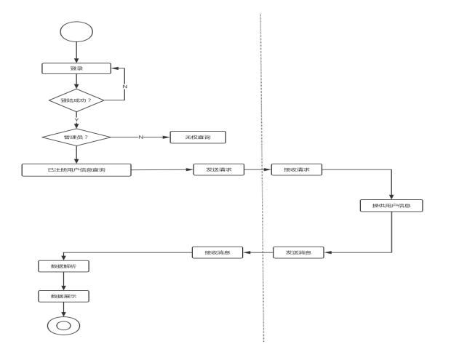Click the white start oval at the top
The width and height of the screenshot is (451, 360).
(76, 31)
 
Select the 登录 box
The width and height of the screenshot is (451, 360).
(76, 68)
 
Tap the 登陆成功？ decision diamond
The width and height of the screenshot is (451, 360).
(76, 100)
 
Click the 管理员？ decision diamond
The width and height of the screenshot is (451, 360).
(76, 137)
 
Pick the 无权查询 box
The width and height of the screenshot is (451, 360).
(198, 137)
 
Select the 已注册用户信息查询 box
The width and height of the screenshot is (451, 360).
(76, 169)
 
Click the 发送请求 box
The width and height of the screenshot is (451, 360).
(219, 169)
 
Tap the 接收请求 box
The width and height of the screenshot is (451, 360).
(297, 169)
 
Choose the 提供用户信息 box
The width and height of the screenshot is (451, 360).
(391, 205)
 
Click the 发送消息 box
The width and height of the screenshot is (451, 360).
(299, 252)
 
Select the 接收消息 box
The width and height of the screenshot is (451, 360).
(217, 252)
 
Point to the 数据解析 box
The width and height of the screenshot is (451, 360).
(63, 266)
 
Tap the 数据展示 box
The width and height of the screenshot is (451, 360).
(63, 296)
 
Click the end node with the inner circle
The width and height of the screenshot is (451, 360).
(63, 326)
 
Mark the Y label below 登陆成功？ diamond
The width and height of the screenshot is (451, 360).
(76, 119)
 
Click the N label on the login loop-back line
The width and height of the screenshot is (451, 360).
(124, 86)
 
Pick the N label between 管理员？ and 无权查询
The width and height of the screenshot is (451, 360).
(141, 137)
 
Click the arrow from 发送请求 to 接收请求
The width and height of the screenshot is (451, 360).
(258, 169)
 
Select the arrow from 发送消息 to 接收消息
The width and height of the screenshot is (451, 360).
(258, 252)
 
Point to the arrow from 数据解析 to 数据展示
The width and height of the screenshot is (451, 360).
(63, 281)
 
